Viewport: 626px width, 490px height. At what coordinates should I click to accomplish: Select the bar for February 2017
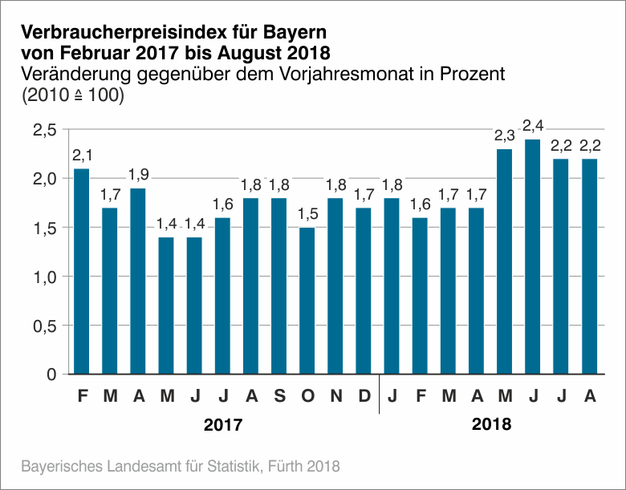coord(82,271)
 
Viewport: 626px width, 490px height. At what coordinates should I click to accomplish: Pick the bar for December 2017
coord(364,291)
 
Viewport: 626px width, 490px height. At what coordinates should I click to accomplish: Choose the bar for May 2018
coord(506,261)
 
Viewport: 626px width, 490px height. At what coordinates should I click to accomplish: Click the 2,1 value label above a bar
coord(82,154)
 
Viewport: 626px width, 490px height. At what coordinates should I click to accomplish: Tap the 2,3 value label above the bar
coord(506,135)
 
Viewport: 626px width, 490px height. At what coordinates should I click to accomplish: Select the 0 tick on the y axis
coord(51,375)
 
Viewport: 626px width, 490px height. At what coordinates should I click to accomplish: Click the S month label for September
coord(279,395)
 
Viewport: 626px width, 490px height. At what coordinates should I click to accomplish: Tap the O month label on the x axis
coord(307,395)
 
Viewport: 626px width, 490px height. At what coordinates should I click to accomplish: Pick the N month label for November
coord(336,395)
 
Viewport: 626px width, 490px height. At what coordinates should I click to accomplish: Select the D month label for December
coord(364,395)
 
